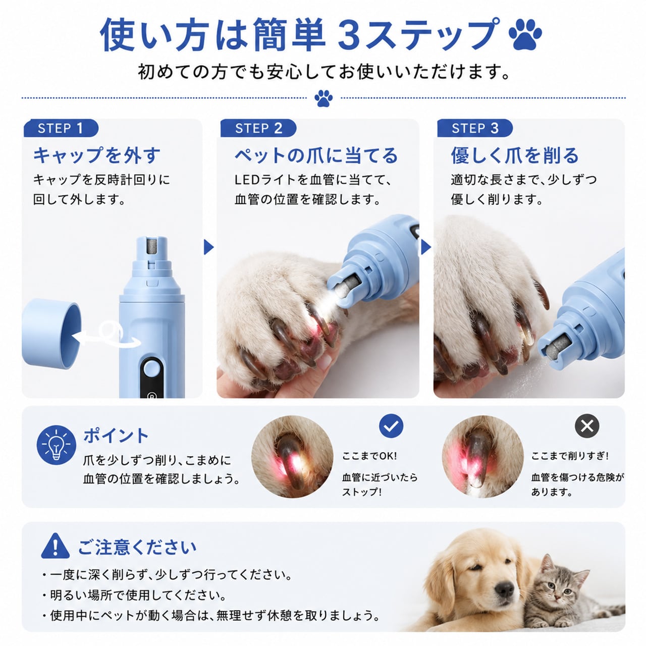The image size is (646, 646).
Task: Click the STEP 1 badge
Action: (x=61, y=128)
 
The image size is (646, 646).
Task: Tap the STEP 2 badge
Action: (x=258, y=128)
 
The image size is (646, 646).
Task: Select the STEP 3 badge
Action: (x=475, y=128)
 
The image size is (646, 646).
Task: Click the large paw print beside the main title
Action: (x=525, y=34)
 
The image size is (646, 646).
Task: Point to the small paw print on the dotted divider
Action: (x=324, y=98)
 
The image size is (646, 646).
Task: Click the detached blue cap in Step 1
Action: (x=51, y=333)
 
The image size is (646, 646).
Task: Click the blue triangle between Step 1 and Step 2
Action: (x=208, y=247)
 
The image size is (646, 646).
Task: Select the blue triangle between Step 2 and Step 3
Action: (x=426, y=247)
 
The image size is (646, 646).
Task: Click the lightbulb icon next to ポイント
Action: (x=57, y=445)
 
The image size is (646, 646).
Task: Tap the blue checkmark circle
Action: (x=391, y=426)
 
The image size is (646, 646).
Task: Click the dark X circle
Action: (x=587, y=426)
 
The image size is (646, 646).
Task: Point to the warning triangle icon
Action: (x=56, y=546)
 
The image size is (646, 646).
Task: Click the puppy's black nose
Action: (x=505, y=587)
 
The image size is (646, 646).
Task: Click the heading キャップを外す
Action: (x=97, y=155)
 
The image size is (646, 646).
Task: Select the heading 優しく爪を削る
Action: (x=515, y=155)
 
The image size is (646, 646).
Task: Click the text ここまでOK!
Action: (x=369, y=456)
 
